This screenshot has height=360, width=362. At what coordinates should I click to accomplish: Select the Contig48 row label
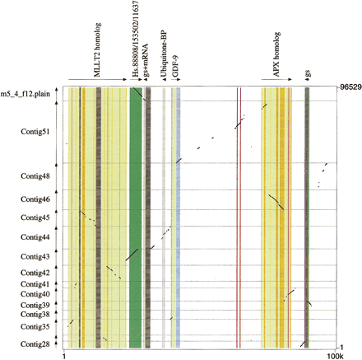35,176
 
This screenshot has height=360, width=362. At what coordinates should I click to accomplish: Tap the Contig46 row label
35,199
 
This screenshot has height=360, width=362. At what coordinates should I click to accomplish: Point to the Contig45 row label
35,217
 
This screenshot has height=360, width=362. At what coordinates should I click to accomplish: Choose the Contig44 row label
35,237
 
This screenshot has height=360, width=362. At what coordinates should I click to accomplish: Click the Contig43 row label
35,257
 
